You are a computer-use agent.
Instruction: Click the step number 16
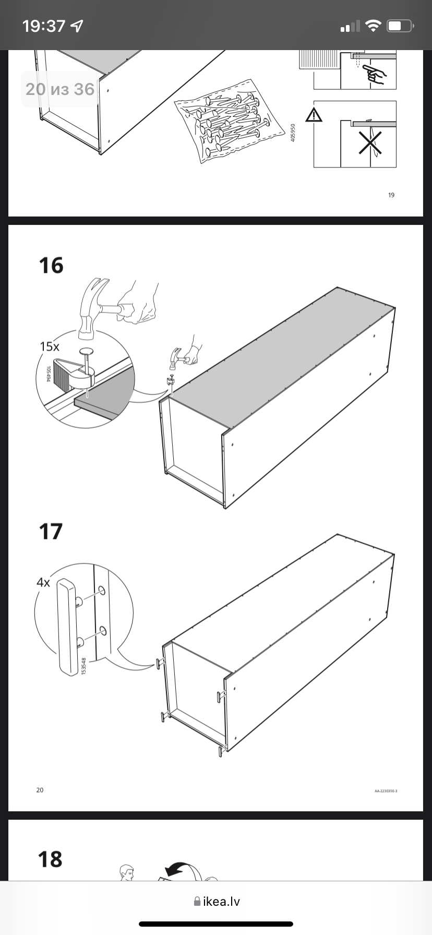pyautogui.click(x=51, y=265)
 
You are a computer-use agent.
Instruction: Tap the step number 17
pyautogui.click(x=51, y=531)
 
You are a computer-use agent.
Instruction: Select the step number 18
pyautogui.click(x=51, y=859)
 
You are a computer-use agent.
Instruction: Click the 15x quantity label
pyautogui.click(x=50, y=346)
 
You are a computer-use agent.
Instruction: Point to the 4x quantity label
pyautogui.click(x=43, y=582)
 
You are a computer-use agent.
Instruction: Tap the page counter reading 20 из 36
pyautogui.click(x=60, y=89)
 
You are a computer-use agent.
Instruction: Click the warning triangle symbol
pyautogui.click(x=314, y=115)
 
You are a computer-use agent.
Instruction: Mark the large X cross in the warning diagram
pyautogui.click(x=370, y=142)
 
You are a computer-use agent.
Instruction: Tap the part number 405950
pyautogui.click(x=293, y=133)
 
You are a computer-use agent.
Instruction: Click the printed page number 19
pyautogui.click(x=391, y=195)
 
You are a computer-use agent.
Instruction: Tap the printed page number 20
pyautogui.click(x=40, y=790)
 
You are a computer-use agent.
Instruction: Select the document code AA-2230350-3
pyautogui.click(x=386, y=791)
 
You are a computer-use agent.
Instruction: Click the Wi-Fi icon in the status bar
pyautogui.click(x=373, y=26)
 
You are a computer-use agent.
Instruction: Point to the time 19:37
pyautogui.click(x=44, y=26)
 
